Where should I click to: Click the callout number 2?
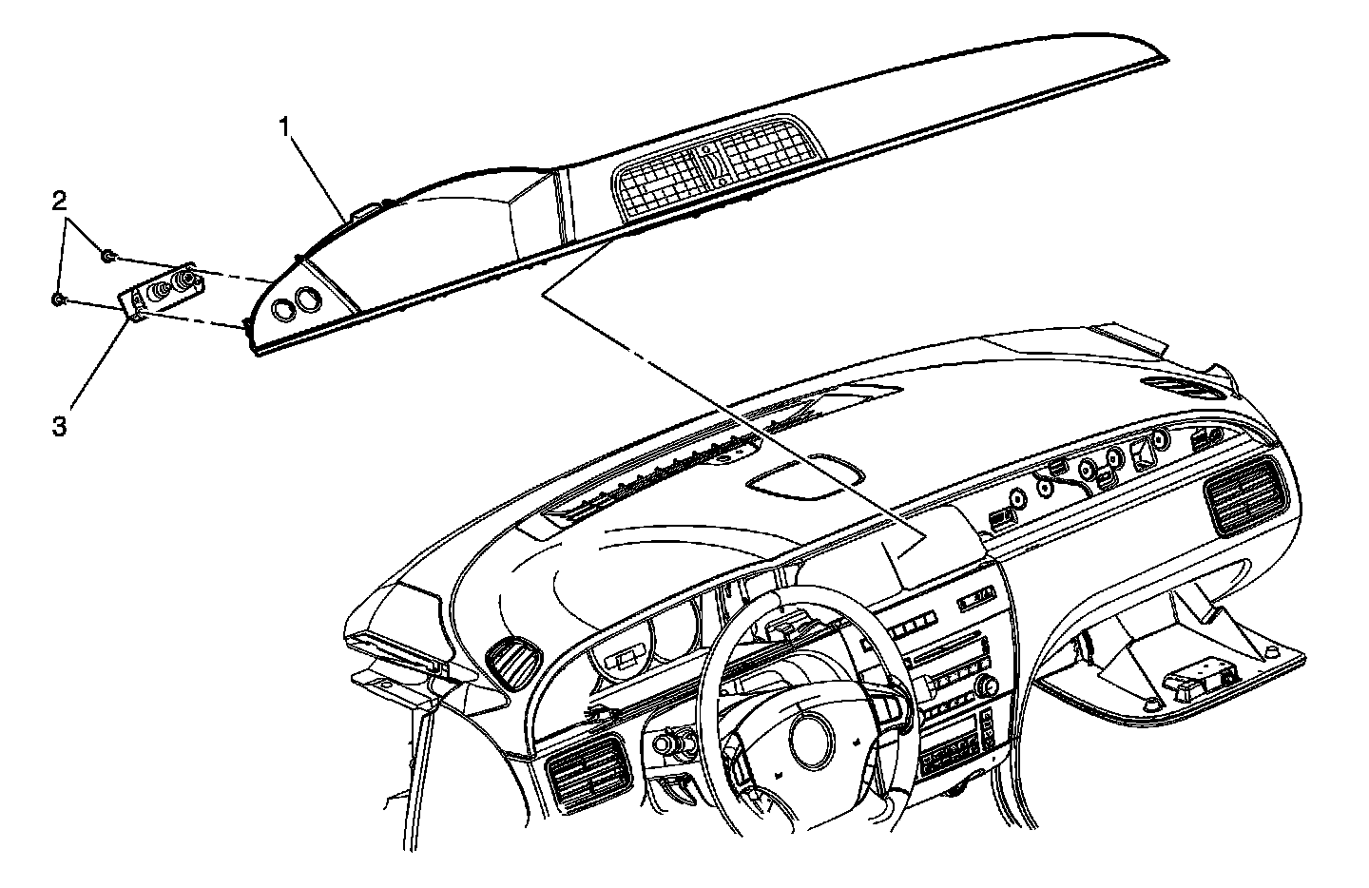(x=59, y=201)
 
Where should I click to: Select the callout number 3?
(x=59, y=426)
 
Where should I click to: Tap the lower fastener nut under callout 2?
(x=58, y=299)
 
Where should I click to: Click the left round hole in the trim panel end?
(x=283, y=308)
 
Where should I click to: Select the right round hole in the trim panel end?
(x=308, y=299)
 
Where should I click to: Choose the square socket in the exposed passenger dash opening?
(x=1142, y=457)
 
